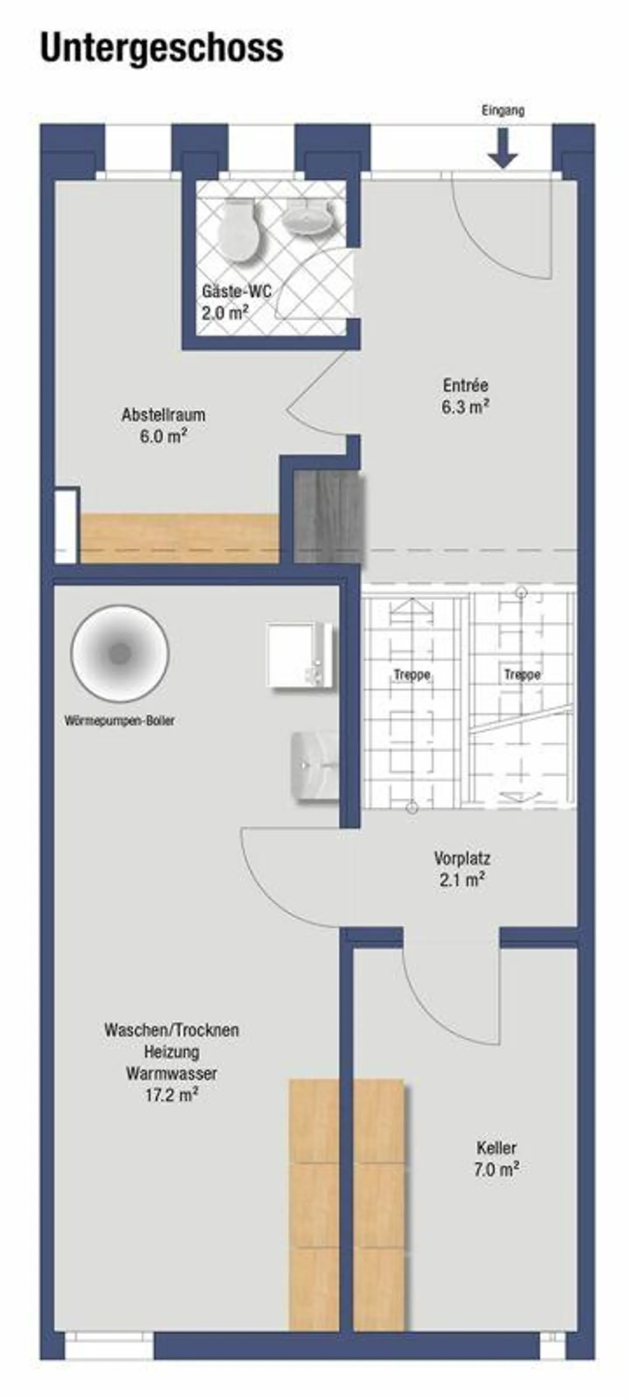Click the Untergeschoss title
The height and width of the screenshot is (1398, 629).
[x=162, y=48]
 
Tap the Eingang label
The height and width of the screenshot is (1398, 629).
[x=503, y=111]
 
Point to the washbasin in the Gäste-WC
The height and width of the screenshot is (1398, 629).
[x=307, y=217]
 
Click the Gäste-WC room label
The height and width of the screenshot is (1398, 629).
[x=237, y=291]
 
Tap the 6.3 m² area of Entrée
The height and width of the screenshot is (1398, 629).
[x=466, y=407]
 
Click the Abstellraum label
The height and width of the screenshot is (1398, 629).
[x=163, y=415]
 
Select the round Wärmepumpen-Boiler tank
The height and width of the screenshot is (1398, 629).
[x=120, y=654]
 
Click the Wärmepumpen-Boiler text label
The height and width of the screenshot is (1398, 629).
[x=120, y=721]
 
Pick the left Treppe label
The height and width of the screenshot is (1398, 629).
[x=412, y=675]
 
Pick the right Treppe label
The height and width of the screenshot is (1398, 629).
[x=522, y=675]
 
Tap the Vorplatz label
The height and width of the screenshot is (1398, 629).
[x=462, y=858]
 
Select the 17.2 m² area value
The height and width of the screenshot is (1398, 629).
[x=171, y=1095]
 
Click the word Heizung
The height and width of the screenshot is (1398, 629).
[x=172, y=1052]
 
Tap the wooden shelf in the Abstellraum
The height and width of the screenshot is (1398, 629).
[x=179, y=537]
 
